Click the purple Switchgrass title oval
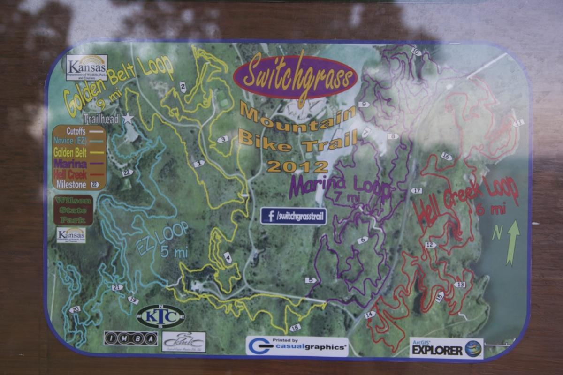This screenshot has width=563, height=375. [x=295, y=77]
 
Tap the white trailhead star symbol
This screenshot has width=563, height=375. [x=128, y=118]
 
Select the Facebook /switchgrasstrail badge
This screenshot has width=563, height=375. [x=294, y=216]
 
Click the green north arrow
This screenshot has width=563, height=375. [x=513, y=242]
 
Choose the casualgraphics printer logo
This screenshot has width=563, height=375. [x=297, y=346]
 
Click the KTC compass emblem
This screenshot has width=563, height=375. [x=160, y=316]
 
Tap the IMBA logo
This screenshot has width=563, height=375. [x=131, y=338]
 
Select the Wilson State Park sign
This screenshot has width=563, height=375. [x=73, y=210]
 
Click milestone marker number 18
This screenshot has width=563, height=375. [x=295, y=328]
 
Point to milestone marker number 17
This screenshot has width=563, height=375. [x=416, y=190]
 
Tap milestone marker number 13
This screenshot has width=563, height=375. [x=460, y=285]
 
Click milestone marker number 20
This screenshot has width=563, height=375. [x=74, y=309]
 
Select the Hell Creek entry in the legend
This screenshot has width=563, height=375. [x=72, y=174]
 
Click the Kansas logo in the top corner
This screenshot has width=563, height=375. [x=86, y=67]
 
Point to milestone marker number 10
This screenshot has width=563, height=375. [x=416, y=52]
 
